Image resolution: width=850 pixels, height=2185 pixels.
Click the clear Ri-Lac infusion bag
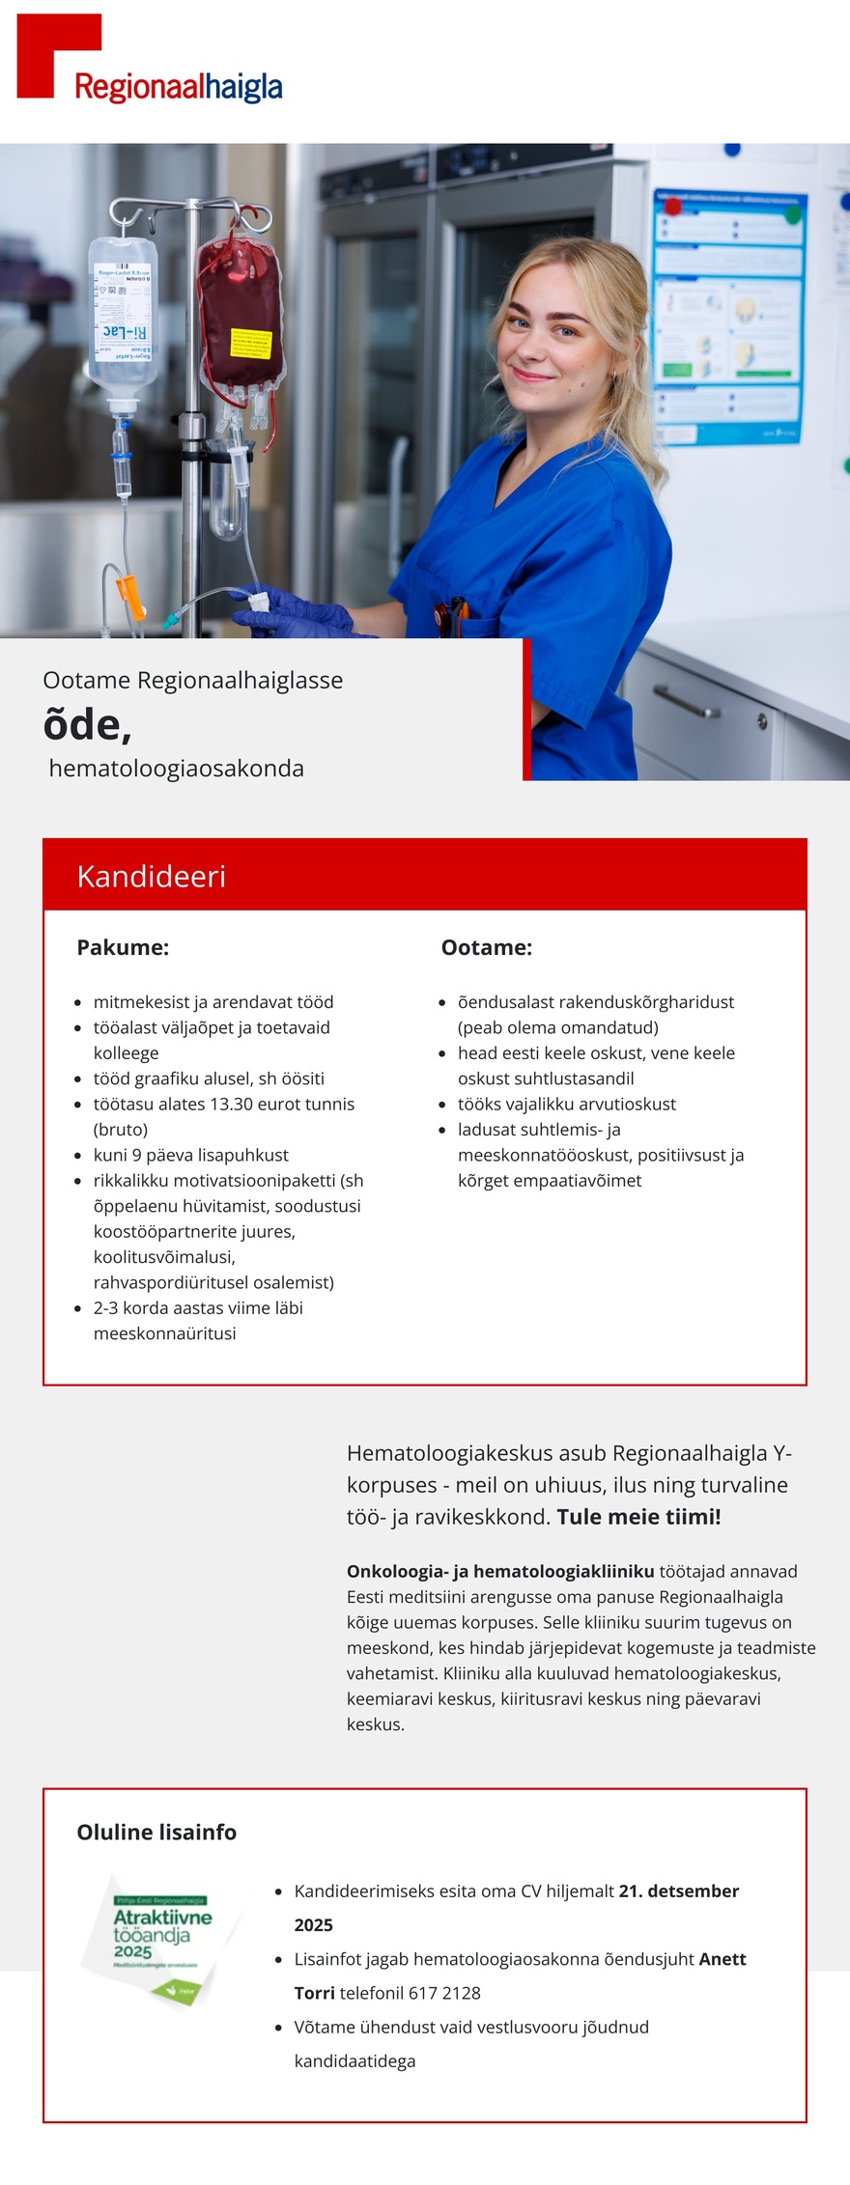(x=123, y=314)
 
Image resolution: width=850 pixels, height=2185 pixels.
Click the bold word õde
(x=87, y=724)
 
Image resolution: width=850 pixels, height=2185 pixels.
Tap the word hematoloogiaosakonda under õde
(x=176, y=769)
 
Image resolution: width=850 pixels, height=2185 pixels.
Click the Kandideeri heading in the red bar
(x=152, y=876)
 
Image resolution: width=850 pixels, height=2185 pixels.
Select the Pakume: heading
(x=123, y=947)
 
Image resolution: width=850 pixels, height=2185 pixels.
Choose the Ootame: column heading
(x=486, y=947)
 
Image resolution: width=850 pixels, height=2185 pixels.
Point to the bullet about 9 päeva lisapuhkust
(x=190, y=1155)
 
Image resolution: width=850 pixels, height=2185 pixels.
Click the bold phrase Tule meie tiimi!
(x=638, y=1516)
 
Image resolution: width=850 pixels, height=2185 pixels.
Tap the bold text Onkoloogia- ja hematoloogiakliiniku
(x=500, y=1571)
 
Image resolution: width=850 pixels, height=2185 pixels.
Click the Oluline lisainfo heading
(x=156, y=1832)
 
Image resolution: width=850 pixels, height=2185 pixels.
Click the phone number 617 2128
(x=444, y=1993)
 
